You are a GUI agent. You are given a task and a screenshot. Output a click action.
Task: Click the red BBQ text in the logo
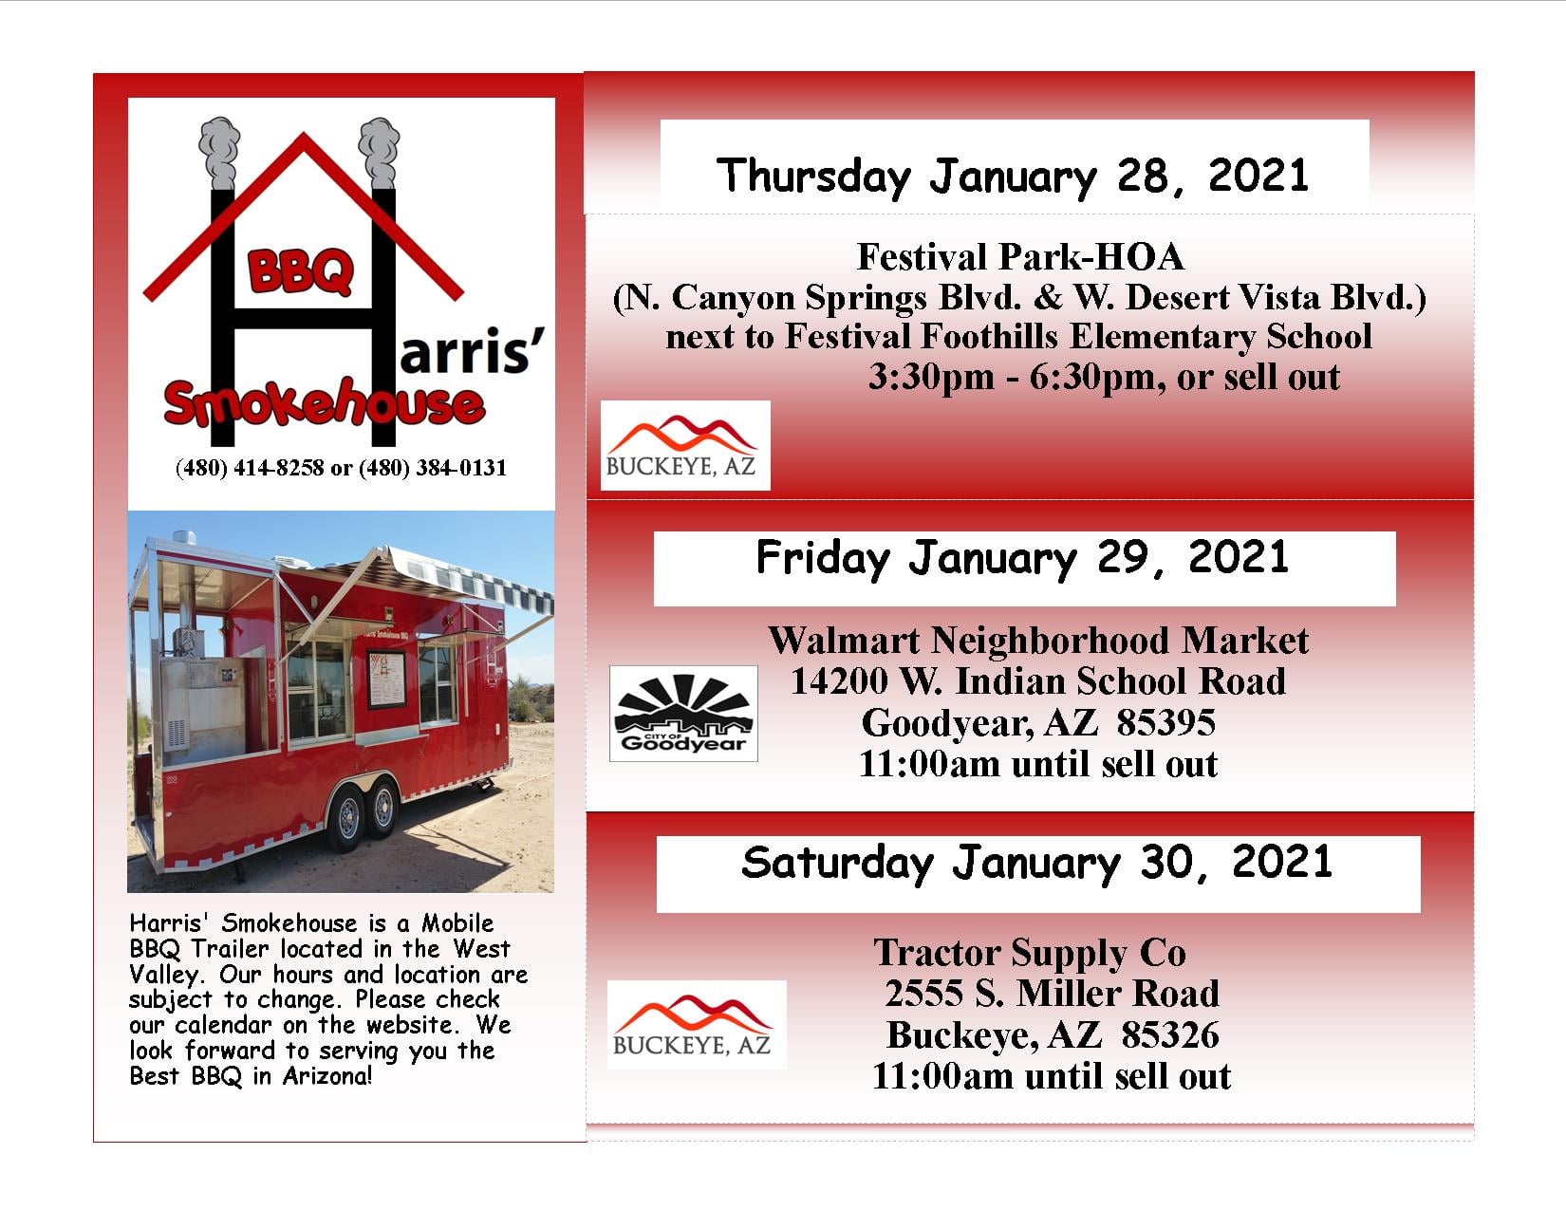click(300, 271)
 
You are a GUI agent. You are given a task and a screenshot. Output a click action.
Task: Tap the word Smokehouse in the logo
click(325, 402)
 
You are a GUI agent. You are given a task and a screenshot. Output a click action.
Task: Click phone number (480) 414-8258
click(250, 468)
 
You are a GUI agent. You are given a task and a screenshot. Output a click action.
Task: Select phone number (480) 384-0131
click(433, 468)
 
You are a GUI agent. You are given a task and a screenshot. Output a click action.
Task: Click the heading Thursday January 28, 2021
click(1012, 176)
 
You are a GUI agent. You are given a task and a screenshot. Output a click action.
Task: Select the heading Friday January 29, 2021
click(1022, 558)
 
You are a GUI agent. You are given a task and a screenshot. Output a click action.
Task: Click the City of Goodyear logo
click(683, 714)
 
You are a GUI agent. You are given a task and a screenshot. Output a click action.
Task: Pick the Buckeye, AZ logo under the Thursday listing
click(685, 445)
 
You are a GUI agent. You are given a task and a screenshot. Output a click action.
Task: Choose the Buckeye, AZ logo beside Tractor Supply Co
click(697, 1024)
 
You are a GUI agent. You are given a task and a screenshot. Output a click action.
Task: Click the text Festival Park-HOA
click(1019, 256)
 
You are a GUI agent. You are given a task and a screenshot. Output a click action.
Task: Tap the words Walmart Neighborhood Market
click(1038, 640)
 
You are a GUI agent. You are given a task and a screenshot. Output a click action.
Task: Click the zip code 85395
click(1165, 722)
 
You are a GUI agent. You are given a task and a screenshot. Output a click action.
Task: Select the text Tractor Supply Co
click(1030, 953)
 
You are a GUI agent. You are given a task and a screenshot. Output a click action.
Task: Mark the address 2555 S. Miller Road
click(1053, 993)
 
